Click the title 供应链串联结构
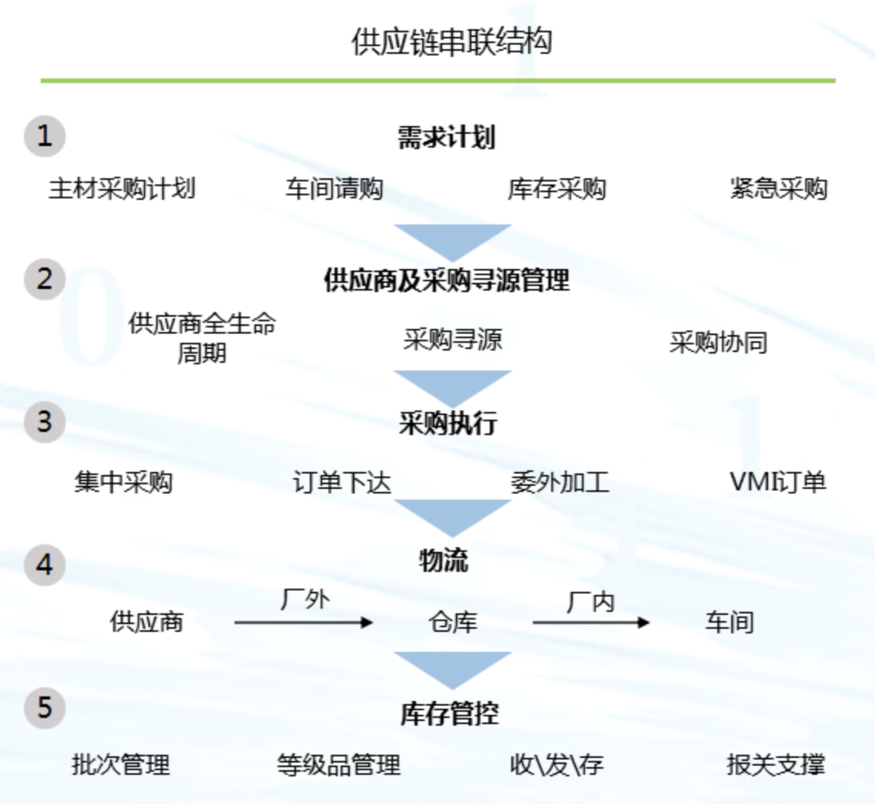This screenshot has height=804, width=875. coord(451,42)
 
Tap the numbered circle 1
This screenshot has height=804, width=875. coord(45,137)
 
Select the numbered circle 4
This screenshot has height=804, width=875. coord(45,565)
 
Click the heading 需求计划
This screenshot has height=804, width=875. coord(446,138)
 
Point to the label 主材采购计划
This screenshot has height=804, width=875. coord(121,188)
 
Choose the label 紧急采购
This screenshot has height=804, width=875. coord(778,188)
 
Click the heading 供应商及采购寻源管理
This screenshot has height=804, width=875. coord(447,281)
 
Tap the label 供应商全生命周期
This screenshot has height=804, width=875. coord(201,338)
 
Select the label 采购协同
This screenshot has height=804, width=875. coord(718,342)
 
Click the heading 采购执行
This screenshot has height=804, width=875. coord(447,423)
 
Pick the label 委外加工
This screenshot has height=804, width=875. coord(560,483)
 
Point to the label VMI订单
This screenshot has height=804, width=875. coord(777,483)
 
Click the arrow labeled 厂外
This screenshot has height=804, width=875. coord(304,622)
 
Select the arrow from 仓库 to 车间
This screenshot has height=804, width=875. coord(591,622)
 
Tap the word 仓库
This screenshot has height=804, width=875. coord(453,622)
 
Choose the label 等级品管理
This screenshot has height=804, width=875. coord(338,765)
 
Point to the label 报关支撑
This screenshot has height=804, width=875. coord(776,765)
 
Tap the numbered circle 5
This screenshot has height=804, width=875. coord(45,707)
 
